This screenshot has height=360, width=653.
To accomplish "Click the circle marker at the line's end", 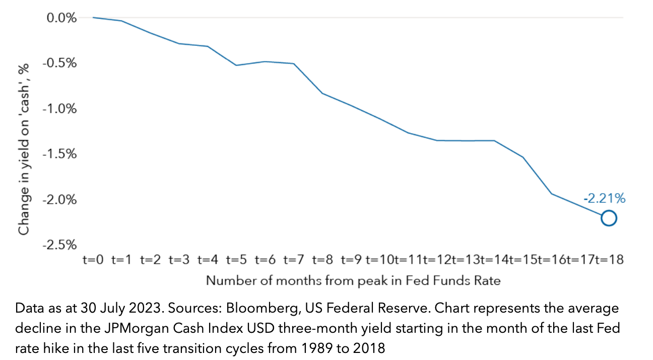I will pyautogui.click(x=609, y=218).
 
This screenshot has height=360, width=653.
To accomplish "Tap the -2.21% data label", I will pyautogui.click(x=604, y=199).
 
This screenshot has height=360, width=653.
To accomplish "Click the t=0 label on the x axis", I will pyautogui.click(x=93, y=260).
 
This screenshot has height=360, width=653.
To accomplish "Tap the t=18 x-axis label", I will pyautogui.click(x=609, y=260).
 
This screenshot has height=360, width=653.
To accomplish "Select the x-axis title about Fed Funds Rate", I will pyautogui.click(x=353, y=280).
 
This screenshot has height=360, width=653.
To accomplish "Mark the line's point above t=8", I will pyautogui.click(x=322, y=93).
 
